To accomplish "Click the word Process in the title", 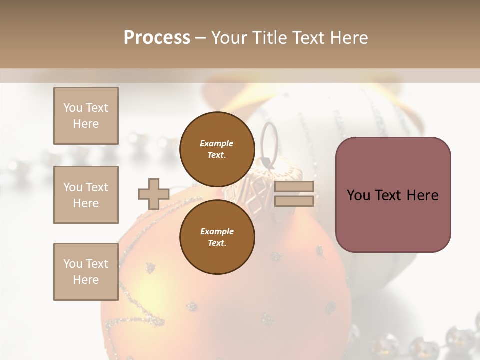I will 157,38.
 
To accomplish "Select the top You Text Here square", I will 86,116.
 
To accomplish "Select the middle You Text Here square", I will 86,195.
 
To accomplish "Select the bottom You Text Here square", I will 86,272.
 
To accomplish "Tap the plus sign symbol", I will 153,194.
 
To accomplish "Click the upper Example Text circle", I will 217,149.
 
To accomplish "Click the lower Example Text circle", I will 217,237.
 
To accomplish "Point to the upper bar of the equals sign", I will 294,187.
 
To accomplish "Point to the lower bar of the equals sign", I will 294,201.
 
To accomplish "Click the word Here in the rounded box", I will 422,195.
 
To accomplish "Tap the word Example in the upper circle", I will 217,143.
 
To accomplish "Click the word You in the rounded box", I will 358,195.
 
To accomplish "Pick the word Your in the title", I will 230,38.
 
